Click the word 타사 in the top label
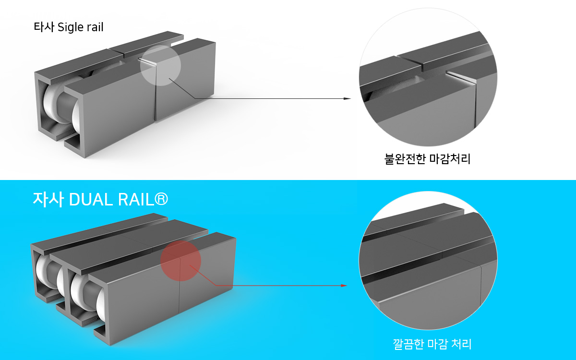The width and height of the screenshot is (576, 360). tap(44, 27)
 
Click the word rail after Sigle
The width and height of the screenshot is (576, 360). tap(95, 27)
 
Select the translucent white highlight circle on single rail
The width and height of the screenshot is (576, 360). tap(160, 66)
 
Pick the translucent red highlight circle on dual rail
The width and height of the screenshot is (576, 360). tap(180, 261)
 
